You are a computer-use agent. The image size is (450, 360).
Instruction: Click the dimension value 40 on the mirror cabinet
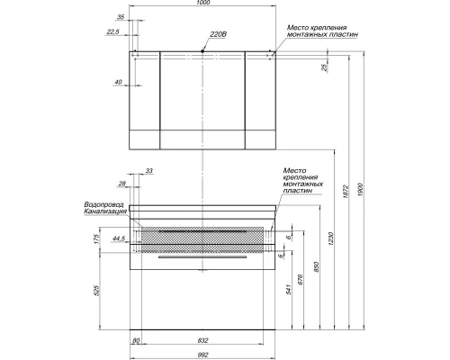118,83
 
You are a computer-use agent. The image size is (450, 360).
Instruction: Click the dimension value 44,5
117,240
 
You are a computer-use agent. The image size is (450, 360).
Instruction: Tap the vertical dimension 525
96,291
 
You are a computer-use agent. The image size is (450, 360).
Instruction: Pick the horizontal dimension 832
202,340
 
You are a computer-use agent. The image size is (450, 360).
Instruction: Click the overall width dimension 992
202,354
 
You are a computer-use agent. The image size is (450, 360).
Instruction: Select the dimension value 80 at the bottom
135,340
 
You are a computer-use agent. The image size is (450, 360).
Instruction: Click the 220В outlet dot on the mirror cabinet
202,52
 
